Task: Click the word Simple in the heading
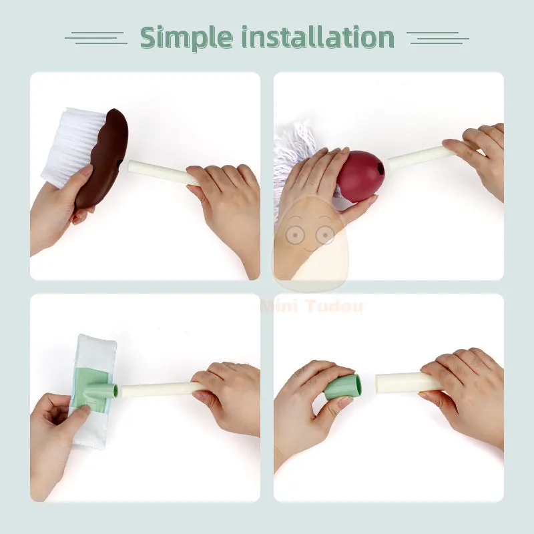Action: pos(186,38)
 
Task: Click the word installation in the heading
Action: pos(318,37)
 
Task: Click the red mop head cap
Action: pos(360,176)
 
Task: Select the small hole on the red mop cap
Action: pos(378,168)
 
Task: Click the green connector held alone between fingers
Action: pos(342,388)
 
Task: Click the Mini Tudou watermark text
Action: pos(312,306)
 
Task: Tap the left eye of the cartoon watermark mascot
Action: pos(295,235)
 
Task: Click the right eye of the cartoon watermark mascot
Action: pos(325,235)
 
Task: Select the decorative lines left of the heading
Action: pos(96,38)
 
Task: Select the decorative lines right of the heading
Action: pos(438,38)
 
